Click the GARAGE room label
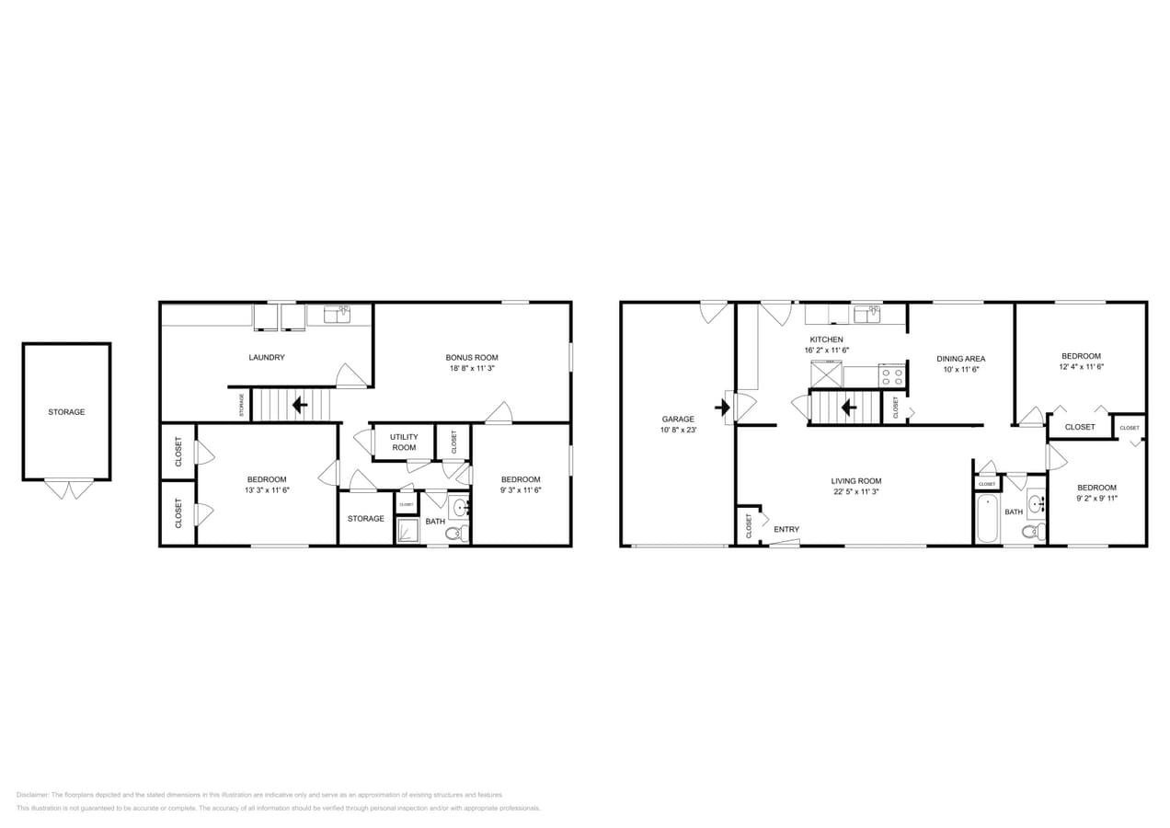[x=678, y=419]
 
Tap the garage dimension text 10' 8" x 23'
[x=678, y=430]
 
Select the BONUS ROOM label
[x=472, y=357]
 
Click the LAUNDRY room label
[x=267, y=357]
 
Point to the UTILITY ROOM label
[x=403, y=443]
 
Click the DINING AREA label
[x=961, y=359]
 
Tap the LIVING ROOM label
[x=856, y=480]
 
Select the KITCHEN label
[x=826, y=339]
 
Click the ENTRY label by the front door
[x=786, y=529]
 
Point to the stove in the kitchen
[x=892, y=375]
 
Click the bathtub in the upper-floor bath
[x=987, y=519]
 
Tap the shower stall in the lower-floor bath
[x=407, y=531]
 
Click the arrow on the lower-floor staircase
[x=300, y=404]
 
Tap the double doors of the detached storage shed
[x=69, y=489]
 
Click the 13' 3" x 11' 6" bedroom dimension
[x=267, y=490]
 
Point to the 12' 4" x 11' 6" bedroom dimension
[x=1081, y=367]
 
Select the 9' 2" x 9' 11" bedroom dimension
[x=1097, y=499]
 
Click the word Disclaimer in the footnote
[x=33, y=795]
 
